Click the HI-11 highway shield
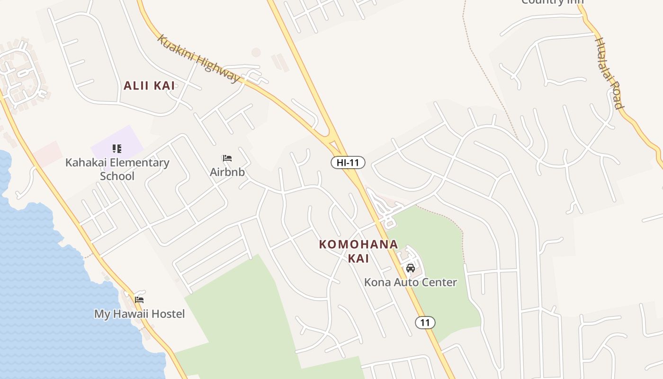348,162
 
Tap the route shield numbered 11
425,323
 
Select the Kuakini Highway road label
199,58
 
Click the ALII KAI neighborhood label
149,86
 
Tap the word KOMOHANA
358,244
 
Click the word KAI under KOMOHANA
358,259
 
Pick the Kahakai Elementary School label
117,169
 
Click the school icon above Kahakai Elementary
117,149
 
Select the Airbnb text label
227,172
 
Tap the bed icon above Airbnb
227,158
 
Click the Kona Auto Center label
410,282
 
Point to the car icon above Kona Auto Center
410,268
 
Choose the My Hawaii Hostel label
139,314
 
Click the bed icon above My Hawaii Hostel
139,299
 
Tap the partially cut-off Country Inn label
552,2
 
